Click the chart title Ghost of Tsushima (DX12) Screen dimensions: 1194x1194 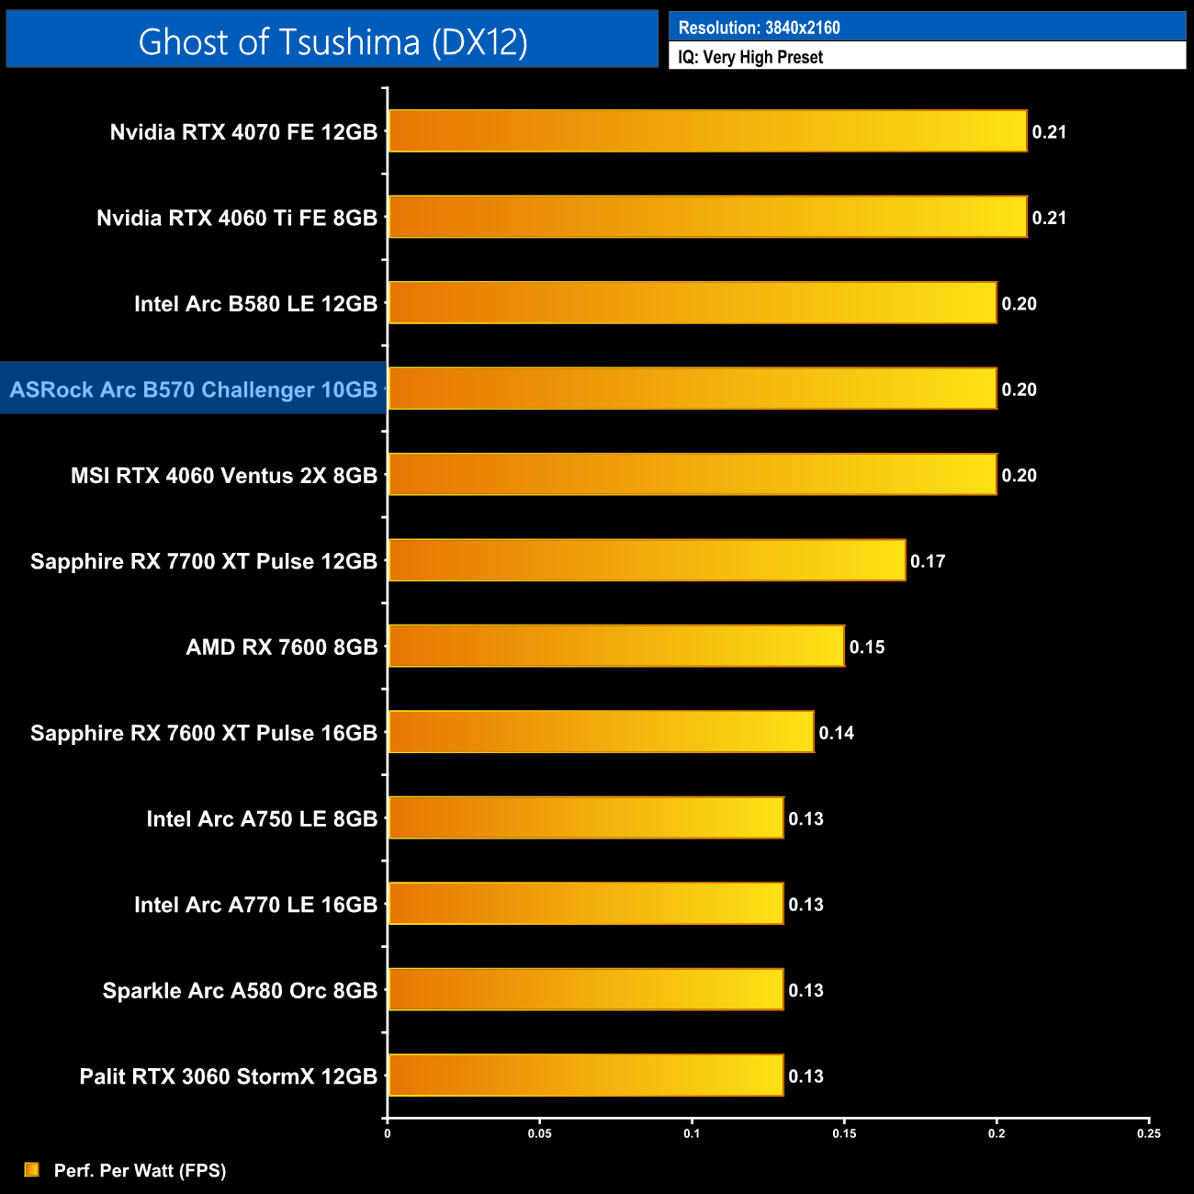[x=332, y=41]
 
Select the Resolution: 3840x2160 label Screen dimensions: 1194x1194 [x=759, y=28]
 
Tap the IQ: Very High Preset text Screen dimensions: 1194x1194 [x=750, y=57]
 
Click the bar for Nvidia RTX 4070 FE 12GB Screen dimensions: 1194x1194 [x=707, y=131]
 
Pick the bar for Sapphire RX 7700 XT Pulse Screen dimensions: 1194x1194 [x=647, y=560]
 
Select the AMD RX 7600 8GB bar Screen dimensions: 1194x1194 [x=616, y=647]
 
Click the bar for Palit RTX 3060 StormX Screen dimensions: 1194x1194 [x=586, y=1076]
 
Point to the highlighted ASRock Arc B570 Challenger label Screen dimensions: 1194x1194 [x=194, y=389]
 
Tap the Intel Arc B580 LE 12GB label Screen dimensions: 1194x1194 [x=255, y=304]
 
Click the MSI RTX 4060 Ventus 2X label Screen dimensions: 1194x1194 [x=224, y=476]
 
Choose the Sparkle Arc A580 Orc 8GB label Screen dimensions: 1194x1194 [x=240, y=990]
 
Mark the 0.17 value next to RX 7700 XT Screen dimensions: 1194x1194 [x=928, y=561]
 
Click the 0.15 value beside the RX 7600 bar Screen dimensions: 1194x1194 [x=867, y=648]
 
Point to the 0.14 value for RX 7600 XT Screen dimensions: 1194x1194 [x=837, y=733]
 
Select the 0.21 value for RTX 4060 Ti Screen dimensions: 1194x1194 [x=1049, y=218]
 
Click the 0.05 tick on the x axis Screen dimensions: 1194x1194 [x=539, y=1133]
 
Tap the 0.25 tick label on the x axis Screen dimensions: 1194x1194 [x=1149, y=1133]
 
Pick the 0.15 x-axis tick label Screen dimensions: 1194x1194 [x=844, y=1133]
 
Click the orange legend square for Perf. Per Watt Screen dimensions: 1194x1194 [x=32, y=1169]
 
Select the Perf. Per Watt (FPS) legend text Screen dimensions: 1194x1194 [x=140, y=1170]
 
